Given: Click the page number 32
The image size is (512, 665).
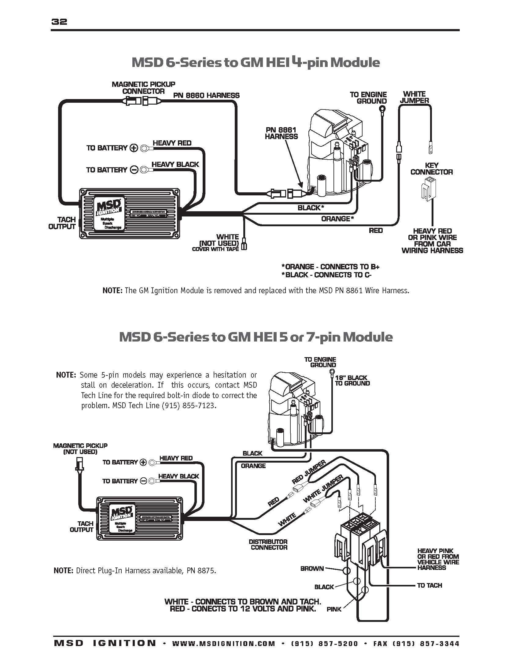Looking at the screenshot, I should (x=59, y=22).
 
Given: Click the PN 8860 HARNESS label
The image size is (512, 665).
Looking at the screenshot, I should (x=206, y=95).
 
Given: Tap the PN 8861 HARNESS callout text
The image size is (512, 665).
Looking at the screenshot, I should (x=281, y=133).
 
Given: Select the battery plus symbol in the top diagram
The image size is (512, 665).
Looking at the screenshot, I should (x=134, y=148).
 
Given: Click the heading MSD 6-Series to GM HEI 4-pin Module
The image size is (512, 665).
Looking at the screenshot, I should (x=256, y=63).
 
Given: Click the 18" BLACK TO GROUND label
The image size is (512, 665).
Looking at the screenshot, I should (x=352, y=380).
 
